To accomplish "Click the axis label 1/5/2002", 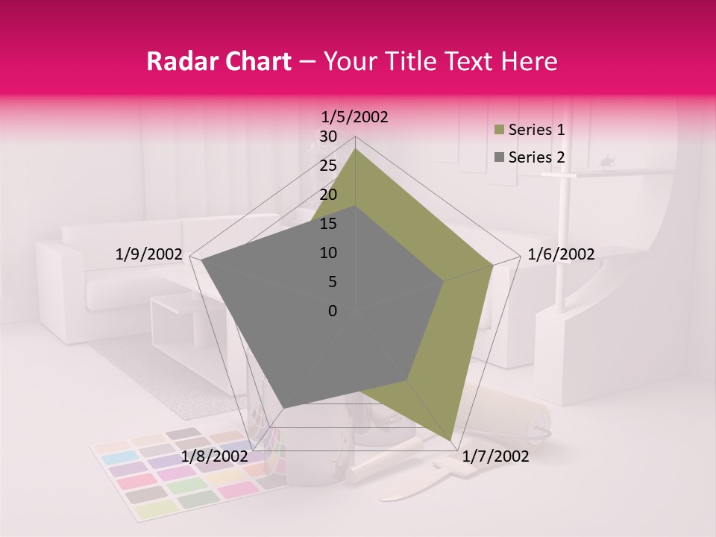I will (x=355, y=117).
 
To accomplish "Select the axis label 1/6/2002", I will (x=561, y=254).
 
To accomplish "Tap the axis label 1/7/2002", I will (x=495, y=456).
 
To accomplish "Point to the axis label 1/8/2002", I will (x=214, y=456).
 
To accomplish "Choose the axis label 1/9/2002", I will (x=149, y=254).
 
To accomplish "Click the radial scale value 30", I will (x=328, y=136).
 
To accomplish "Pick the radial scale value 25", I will (x=328, y=166).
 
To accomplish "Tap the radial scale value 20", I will (x=328, y=195).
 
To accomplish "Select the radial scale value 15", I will (x=328, y=224).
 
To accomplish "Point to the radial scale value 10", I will (x=328, y=253).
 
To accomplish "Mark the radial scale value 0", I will (x=333, y=311).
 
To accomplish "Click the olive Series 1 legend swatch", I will (x=498, y=131).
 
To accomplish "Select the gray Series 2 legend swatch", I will (x=498, y=157).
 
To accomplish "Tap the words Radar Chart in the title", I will (x=219, y=62).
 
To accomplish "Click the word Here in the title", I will (x=529, y=62).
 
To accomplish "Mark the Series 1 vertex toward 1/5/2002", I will (x=355, y=148).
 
